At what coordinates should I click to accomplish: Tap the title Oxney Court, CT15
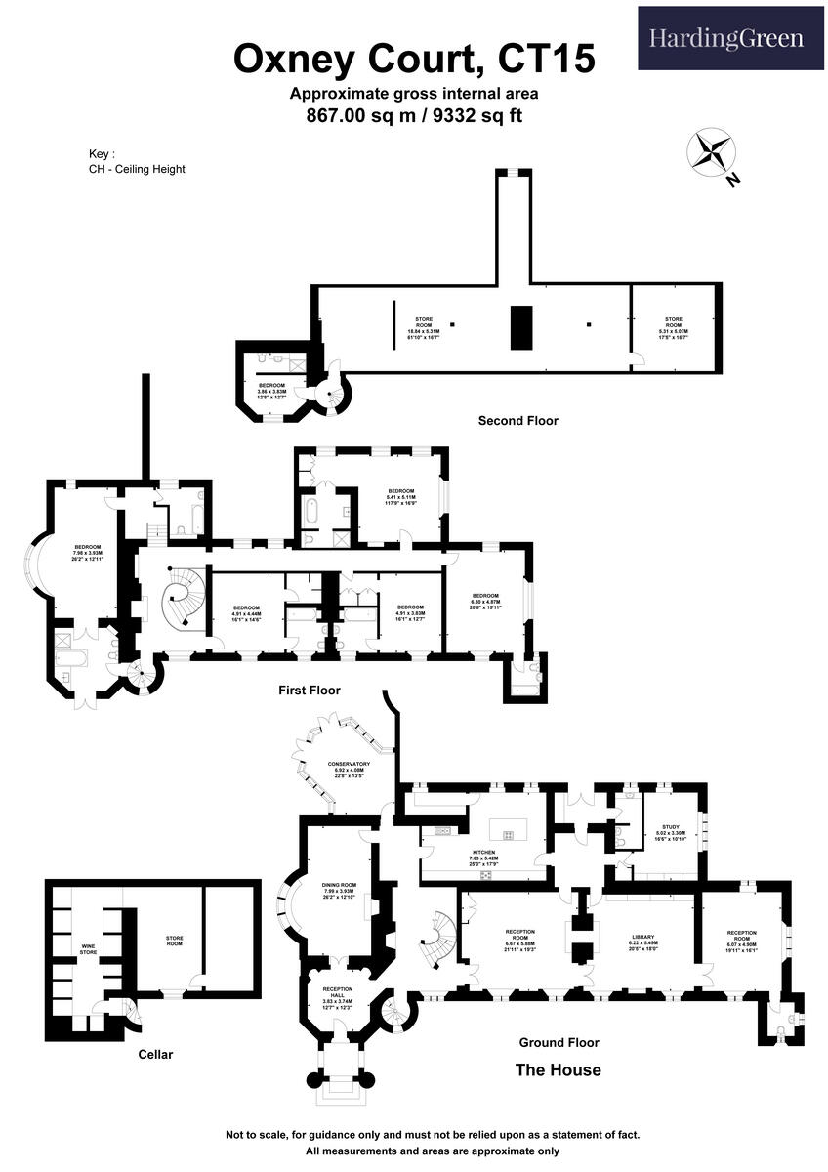(x=414, y=60)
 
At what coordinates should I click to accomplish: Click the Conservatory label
(x=349, y=769)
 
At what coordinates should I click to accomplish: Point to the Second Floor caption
(x=517, y=421)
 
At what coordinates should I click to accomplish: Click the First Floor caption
(x=310, y=691)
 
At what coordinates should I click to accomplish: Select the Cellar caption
(x=155, y=1055)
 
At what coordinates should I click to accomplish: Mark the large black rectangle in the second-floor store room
(x=520, y=327)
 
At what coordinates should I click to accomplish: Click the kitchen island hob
(x=508, y=833)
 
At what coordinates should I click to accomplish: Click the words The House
(x=558, y=1070)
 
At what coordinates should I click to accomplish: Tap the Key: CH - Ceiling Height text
(x=136, y=161)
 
